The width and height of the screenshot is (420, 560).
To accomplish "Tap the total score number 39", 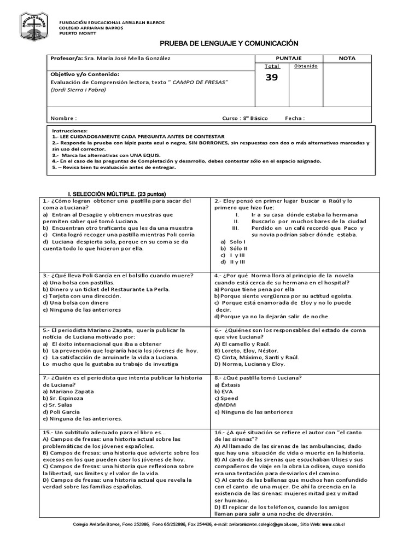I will click(x=271, y=78).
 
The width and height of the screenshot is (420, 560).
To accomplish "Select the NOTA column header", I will click(x=347, y=58).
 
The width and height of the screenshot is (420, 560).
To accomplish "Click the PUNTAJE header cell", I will click(x=289, y=58).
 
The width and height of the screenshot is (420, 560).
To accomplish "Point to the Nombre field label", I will click(x=63, y=118).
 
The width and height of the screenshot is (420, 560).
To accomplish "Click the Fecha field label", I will click(x=295, y=118).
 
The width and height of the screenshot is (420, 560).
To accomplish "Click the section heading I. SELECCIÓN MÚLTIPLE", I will click(x=116, y=194).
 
